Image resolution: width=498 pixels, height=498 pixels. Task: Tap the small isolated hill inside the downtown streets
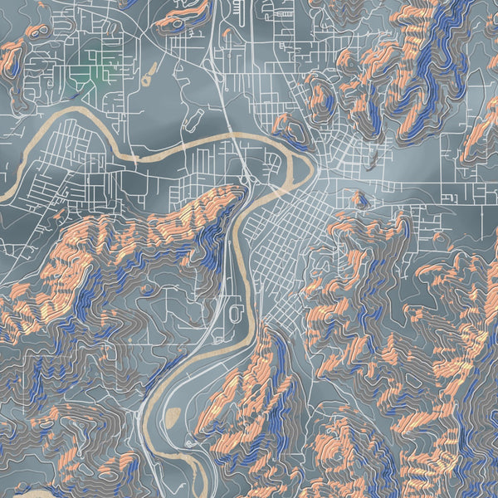359,198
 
